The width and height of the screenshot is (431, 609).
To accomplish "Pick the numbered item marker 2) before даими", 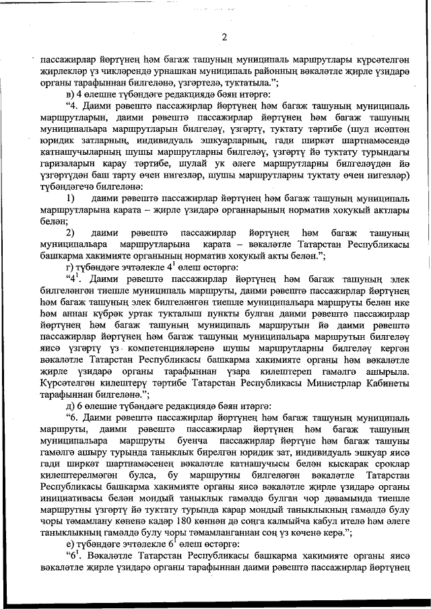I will [73, 232].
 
